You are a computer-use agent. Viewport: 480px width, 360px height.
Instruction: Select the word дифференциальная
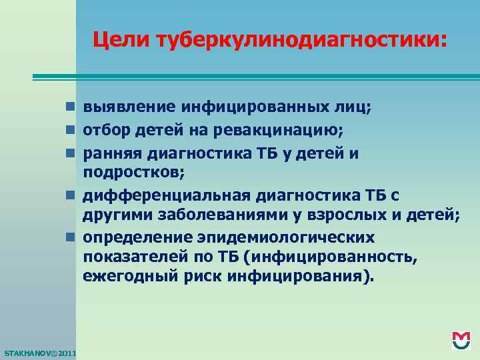click(163, 195)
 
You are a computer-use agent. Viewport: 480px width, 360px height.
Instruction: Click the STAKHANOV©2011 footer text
click(39, 352)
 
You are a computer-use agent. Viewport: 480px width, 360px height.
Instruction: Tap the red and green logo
click(460, 341)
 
